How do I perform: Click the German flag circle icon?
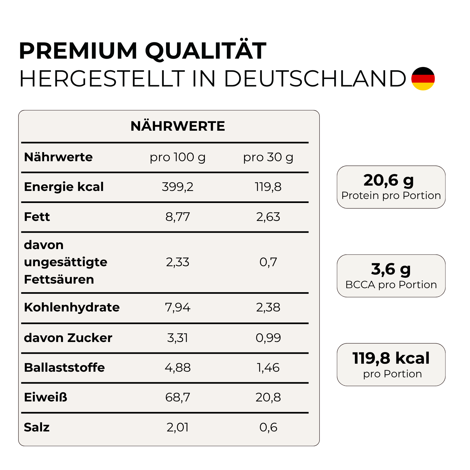(x=423, y=78)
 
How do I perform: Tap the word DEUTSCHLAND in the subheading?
(x=315, y=79)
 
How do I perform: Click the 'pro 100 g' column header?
(x=178, y=157)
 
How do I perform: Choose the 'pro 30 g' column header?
(x=268, y=157)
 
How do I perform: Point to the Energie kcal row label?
(x=64, y=187)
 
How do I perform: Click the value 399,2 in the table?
(x=178, y=187)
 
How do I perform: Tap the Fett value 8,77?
(x=178, y=217)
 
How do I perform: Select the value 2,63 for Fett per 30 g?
(x=268, y=217)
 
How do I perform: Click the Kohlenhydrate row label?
(x=72, y=307)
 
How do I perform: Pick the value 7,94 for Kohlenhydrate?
(x=178, y=307)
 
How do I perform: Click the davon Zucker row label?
(x=68, y=338)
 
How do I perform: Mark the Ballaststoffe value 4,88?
(x=178, y=368)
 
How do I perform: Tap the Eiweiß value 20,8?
(x=268, y=397)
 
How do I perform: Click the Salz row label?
(x=37, y=427)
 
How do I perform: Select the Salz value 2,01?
(x=178, y=427)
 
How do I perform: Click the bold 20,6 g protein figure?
(x=389, y=181)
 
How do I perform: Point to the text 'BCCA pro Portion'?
(x=391, y=285)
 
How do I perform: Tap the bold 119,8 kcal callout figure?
(x=391, y=358)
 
